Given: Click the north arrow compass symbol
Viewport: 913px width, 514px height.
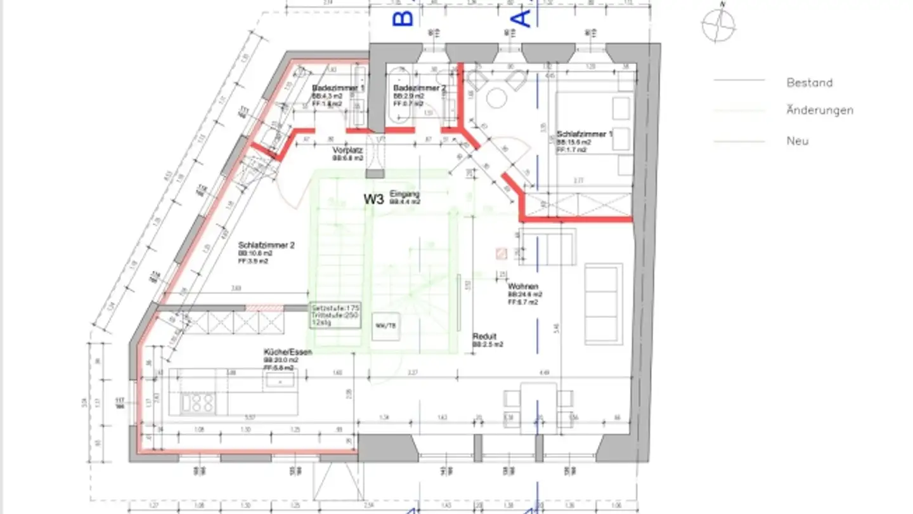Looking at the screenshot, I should pos(718,23).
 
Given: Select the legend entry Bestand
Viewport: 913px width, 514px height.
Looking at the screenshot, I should pos(809,82).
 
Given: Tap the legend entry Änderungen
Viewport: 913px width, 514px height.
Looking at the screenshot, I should pos(819,110).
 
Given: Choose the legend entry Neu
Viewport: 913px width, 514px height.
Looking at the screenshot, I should pos(798,141).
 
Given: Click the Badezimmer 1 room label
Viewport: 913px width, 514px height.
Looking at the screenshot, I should pos(338,88).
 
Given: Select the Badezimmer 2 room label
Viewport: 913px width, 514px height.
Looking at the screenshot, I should pos(419,88).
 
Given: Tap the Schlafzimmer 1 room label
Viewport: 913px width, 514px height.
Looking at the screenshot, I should pos(585,135).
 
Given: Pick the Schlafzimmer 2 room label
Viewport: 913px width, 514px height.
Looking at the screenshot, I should pos(266,245).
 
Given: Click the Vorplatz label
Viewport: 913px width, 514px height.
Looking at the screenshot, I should pos(347,151).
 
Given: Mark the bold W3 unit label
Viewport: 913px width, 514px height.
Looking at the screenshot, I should pos(373,199).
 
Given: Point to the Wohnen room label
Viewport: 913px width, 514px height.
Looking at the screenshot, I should pos(522,287).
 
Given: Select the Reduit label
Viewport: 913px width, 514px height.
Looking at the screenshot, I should pos(484,336).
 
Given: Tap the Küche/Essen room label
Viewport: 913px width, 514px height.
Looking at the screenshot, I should pos(287,352).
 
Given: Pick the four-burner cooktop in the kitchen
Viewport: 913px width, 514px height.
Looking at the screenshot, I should pos(198,402).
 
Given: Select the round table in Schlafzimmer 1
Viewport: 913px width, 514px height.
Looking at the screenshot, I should pos(496,99).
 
